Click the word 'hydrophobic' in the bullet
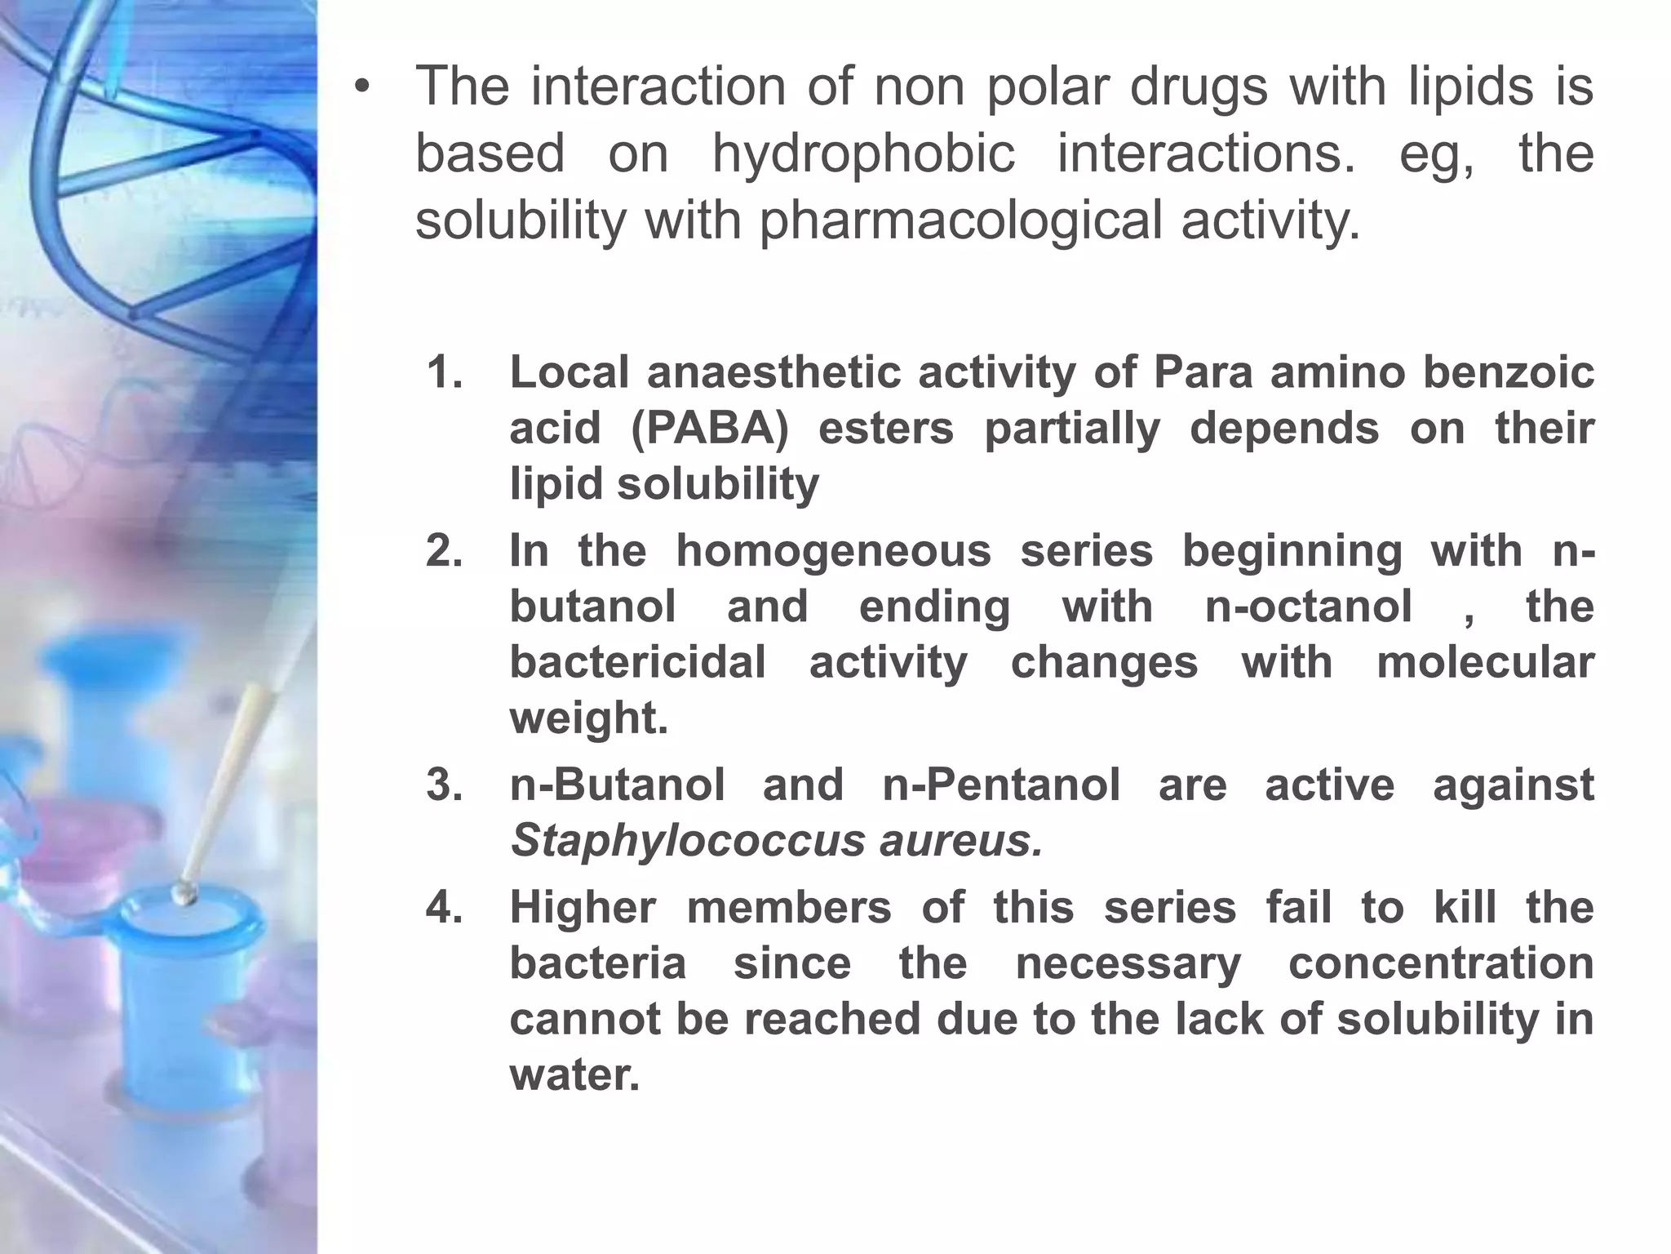click(x=863, y=153)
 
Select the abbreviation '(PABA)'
click(x=710, y=428)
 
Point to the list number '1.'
click(x=445, y=372)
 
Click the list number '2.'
click(x=445, y=550)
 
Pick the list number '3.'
click(x=445, y=785)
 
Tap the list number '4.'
click(x=445, y=907)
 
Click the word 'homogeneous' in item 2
click(x=833, y=550)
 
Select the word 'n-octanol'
click(x=1308, y=607)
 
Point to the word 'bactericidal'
click(x=637, y=662)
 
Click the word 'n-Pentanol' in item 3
click(x=1001, y=785)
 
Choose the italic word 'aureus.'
click(x=961, y=840)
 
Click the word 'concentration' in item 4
click(x=1441, y=963)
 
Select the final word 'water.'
click(x=574, y=1074)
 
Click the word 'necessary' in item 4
click(x=1128, y=963)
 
